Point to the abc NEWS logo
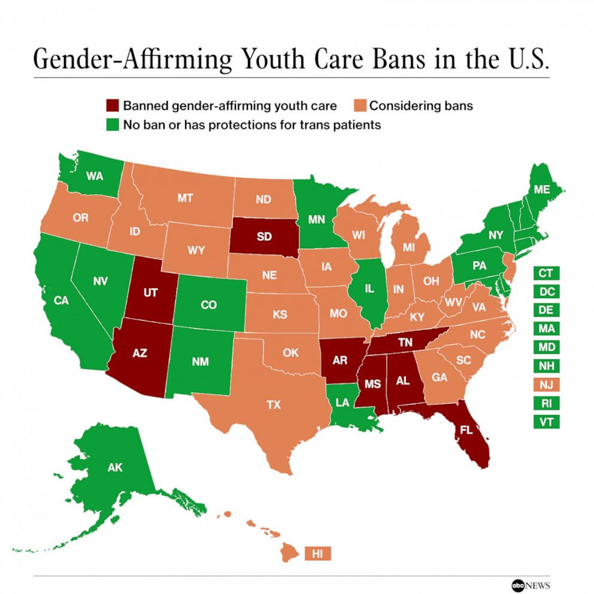coord(530,584)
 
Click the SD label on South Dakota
coord(264,236)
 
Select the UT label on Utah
coord(150,293)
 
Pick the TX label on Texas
coord(273,405)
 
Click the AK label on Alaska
coord(115,467)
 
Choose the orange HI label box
coord(317,554)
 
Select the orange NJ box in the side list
coord(545,384)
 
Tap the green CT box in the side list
coord(545,273)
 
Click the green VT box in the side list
coord(545,422)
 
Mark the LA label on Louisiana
coord(342,403)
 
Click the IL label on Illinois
coord(369,289)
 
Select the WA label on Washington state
coord(94,176)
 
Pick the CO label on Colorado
coord(208,305)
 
